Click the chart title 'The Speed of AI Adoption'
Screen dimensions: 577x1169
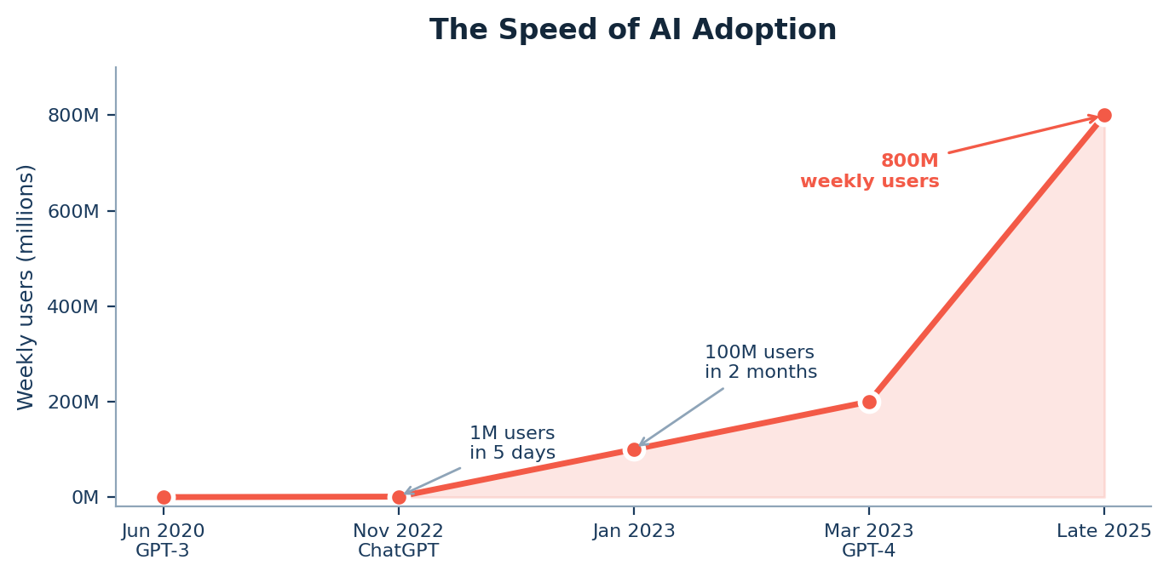(x=632, y=31)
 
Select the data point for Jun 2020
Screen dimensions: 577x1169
(x=164, y=497)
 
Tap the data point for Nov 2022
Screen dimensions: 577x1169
(x=399, y=497)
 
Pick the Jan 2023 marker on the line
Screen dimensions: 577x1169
(x=634, y=449)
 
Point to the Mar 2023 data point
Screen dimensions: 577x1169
(x=869, y=402)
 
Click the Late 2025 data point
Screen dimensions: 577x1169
(x=1104, y=116)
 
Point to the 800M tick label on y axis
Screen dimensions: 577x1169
(x=73, y=116)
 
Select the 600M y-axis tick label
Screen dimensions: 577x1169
(x=73, y=211)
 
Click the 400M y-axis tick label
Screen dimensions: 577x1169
(x=73, y=306)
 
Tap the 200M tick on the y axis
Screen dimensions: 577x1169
(x=73, y=402)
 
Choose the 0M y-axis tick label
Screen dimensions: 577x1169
(x=85, y=497)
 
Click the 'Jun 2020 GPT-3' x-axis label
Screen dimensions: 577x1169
(x=163, y=540)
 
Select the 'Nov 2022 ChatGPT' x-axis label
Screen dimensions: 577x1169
(x=398, y=540)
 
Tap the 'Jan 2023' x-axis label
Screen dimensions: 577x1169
(x=634, y=531)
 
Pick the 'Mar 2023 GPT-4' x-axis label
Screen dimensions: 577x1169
(x=868, y=540)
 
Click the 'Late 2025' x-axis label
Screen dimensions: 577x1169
(x=1103, y=531)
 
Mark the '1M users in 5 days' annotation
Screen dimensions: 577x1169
(x=512, y=443)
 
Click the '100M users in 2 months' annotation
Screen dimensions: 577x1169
(x=760, y=363)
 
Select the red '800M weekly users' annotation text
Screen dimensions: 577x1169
(x=870, y=171)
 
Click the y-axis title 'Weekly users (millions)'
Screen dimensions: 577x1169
(x=26, y=287)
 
